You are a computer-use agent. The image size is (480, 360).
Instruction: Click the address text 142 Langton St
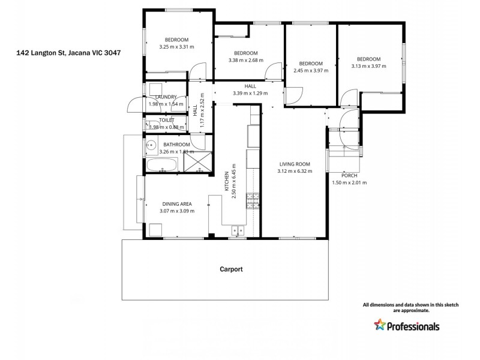tap(68, 53)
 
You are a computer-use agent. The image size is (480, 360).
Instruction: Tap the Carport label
tap(231, 269)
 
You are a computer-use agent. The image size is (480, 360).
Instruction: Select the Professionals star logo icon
tap(380, 325)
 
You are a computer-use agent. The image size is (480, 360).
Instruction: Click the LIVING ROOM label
tap(294, 164)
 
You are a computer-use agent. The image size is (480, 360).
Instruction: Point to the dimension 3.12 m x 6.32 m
tap(294, 171)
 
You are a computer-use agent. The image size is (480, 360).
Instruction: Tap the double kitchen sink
tap(238, 229)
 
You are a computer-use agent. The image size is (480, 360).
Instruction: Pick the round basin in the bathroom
tap(150, 145)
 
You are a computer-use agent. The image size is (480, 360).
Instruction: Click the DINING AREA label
tap(176, 204)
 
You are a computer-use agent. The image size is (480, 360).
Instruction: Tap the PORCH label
tap(349, 175)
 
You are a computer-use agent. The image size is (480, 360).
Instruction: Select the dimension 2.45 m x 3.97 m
tap(311, 71)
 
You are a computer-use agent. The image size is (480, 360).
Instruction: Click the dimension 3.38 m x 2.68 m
tap(246, 60)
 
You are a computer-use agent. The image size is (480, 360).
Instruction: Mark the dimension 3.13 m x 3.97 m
tap(368, 66)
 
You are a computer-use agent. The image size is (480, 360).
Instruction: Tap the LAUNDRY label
tap(166, 97)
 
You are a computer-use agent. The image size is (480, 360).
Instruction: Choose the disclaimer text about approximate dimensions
tap(410, 308)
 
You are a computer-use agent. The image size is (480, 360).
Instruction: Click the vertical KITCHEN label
tap(227, 181)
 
